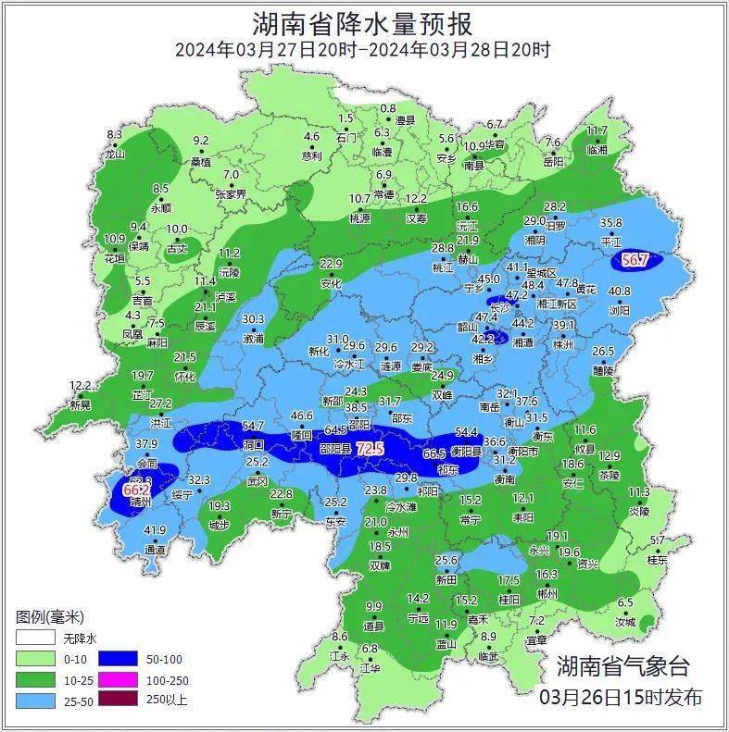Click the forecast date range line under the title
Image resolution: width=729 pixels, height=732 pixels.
click(363, 50)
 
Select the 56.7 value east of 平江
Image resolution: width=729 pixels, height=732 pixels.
click(635, 261)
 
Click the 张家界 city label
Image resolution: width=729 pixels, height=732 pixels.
click(231, 194)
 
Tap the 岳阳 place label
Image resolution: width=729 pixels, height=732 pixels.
click(553, 161)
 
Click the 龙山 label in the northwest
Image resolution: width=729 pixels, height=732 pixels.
click(114, 155)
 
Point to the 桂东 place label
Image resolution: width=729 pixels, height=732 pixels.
click(657, 559)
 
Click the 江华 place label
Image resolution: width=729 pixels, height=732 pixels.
click(370, 666)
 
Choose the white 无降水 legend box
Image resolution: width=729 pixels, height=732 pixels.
click(34, 639)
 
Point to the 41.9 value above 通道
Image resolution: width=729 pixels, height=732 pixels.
click(155, 530)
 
